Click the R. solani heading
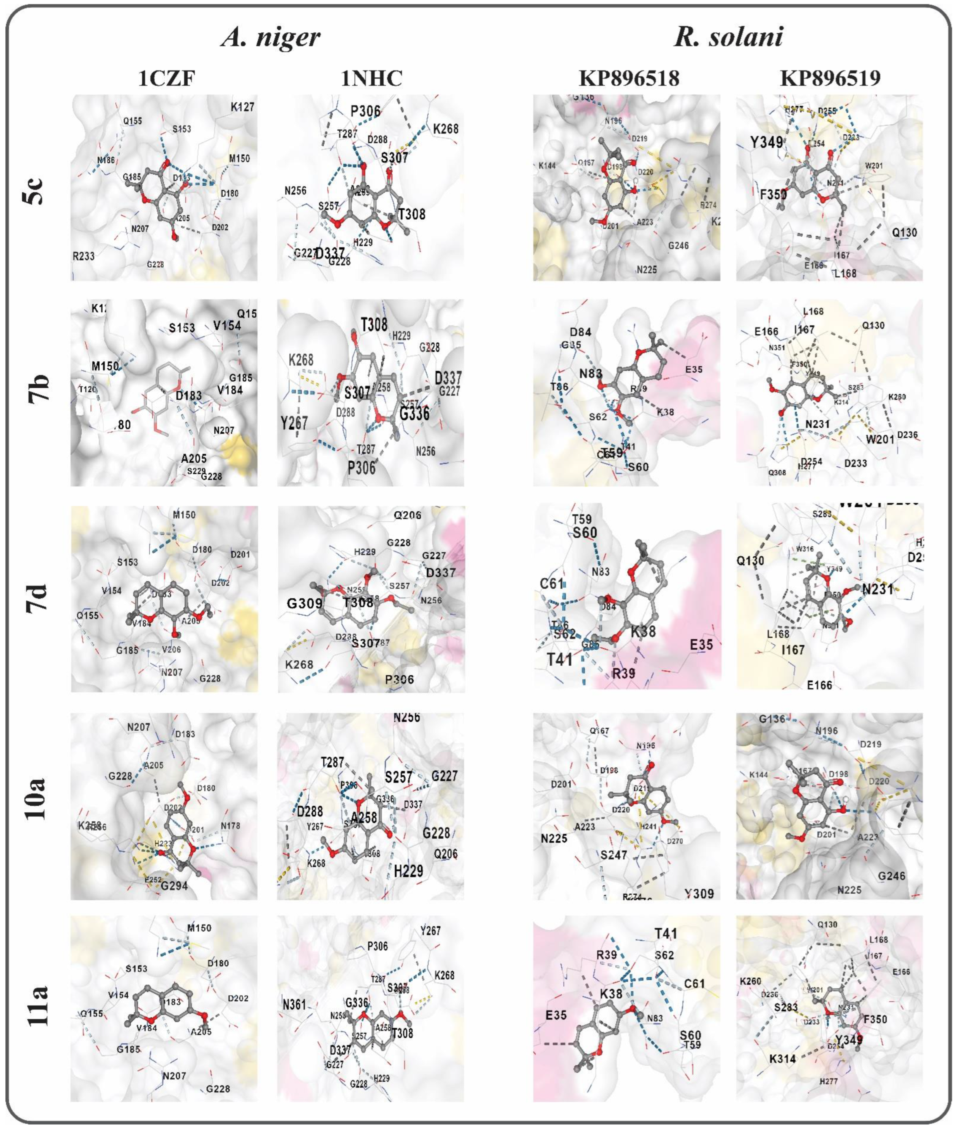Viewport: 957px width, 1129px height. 729,38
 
